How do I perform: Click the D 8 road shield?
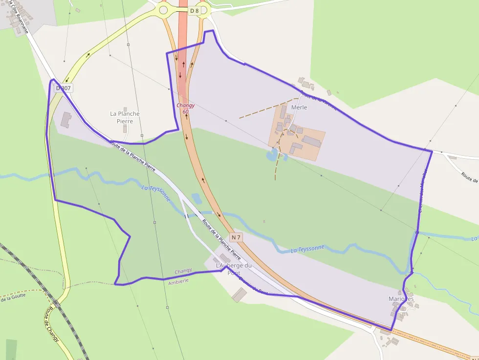point(195,11)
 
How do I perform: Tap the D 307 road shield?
point(64,88)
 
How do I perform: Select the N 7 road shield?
point(236,237)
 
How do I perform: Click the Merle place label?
point(299,107)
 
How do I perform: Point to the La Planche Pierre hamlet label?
point(125,117)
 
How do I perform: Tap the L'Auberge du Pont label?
point(234,269)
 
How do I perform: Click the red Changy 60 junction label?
point(186,108)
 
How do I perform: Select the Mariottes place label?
point(401,299)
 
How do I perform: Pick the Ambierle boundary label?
point(178,283)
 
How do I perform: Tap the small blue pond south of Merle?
point(272,156)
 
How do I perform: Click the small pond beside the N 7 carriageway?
point(196,198)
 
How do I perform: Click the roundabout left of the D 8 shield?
point(163,10)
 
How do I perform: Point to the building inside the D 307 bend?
point(66,119)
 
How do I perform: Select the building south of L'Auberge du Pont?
point(239,295)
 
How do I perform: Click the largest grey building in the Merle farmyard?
point(312,142)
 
